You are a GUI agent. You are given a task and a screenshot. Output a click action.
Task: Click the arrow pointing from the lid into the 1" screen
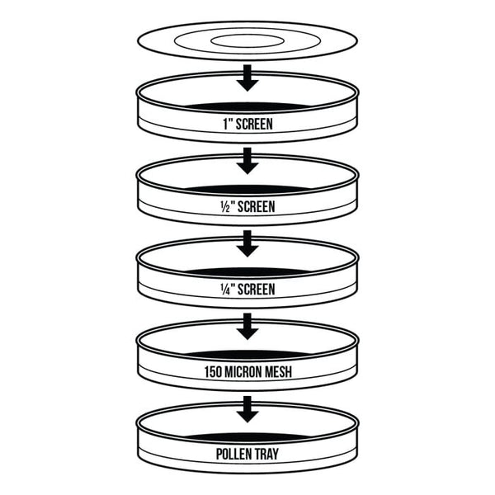(247, 78)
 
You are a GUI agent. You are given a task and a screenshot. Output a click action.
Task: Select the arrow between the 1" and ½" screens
(247, 161)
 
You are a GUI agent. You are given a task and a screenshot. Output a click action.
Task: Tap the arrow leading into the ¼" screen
(247, 243)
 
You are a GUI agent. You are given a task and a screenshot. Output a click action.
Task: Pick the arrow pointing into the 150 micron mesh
(247, 327)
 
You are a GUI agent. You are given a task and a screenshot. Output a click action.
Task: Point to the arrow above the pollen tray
(247, 409)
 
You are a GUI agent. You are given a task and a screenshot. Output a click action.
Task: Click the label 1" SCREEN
(247, 124)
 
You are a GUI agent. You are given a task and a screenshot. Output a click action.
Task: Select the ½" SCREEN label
(247, 206)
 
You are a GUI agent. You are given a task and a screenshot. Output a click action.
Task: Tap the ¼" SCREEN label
(247, 290)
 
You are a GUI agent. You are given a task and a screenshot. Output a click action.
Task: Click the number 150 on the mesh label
(213, 372)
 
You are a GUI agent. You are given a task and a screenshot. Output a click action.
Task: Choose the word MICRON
(243, 372)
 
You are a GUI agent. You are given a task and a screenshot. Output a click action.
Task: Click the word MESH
(278, 372)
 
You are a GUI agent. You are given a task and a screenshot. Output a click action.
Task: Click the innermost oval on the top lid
(247, 41)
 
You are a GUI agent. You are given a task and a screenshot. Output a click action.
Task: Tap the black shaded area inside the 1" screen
(247, 106)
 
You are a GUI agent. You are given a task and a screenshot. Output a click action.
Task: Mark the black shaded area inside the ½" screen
(247, 190)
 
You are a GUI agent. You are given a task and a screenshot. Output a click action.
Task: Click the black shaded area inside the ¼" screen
(247, 272)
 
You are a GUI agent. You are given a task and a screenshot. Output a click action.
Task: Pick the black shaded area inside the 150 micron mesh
(247, 355)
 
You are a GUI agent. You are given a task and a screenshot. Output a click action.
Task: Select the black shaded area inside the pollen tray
(247, 437)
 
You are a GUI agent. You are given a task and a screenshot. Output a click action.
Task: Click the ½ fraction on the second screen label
(225, 207)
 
